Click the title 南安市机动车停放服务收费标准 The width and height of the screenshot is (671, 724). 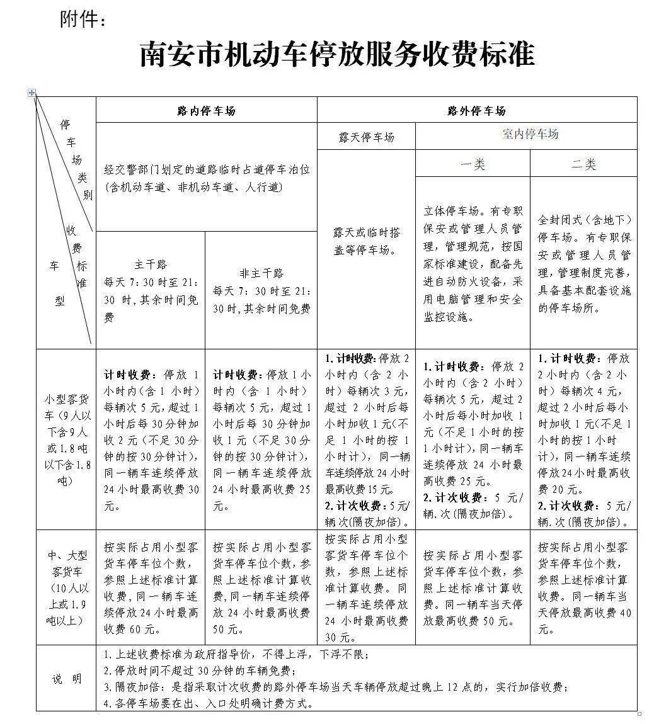pos(336,55)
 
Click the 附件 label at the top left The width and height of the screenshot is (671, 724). pos(83,20)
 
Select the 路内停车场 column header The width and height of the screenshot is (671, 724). pos(206,111)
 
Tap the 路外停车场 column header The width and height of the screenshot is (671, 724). pos(476,111)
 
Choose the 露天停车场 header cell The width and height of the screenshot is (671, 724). pos(366,137)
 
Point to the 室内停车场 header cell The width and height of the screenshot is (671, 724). pos(530,134)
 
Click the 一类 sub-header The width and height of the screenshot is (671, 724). pos(473,164)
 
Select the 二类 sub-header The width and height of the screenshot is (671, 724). pos(583,164)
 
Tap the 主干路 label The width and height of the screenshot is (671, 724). pos(151,264)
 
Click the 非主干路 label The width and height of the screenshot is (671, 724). pos(261,273)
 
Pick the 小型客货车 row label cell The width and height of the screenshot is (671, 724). pos(66,439)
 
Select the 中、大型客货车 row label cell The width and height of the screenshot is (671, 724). pos(66,587)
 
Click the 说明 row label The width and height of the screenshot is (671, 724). pos(66,679)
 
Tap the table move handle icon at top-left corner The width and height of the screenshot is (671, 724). pos(32,93)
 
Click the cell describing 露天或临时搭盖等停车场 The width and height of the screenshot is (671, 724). pos(366,241)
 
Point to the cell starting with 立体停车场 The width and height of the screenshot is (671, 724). pos(473,263)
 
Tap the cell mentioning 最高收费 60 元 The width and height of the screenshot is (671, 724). pos(151,587)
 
